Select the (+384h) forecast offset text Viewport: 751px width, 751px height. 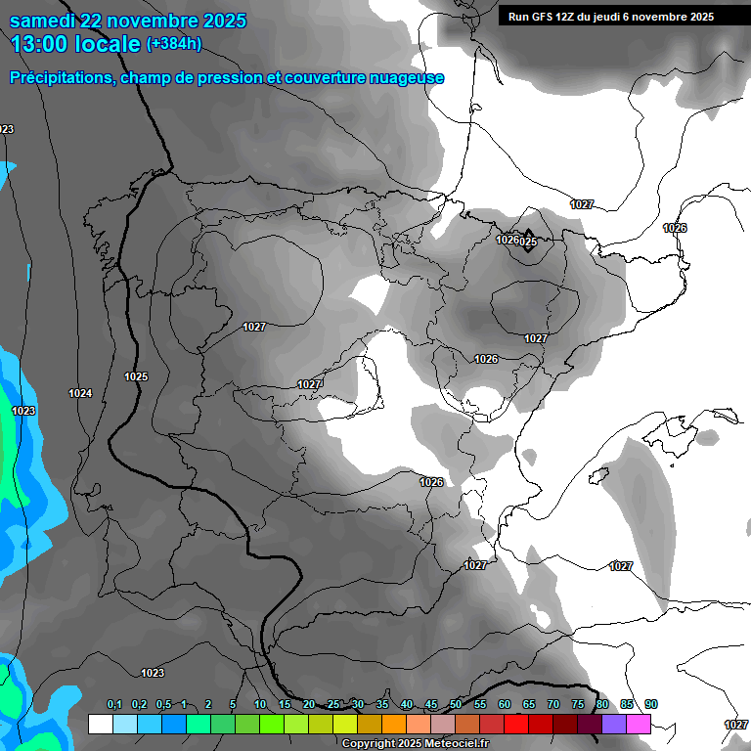(175, 44)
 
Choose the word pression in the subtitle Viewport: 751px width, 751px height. (230, 78)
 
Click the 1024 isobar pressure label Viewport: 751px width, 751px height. (80, 393)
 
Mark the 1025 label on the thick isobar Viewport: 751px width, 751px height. (136, 376)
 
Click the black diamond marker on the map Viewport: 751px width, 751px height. (528, 241)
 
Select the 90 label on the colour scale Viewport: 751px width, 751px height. (651, 705)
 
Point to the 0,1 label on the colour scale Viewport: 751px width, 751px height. (114, 705)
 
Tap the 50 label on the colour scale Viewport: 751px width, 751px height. (456, 705)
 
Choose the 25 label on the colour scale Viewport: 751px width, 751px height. (333, 705)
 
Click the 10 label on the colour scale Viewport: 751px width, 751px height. (260, 705)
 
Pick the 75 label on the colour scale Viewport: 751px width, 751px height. (578, 705)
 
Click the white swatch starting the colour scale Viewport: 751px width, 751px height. (100, 724)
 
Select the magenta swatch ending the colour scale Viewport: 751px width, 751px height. (639, 724)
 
